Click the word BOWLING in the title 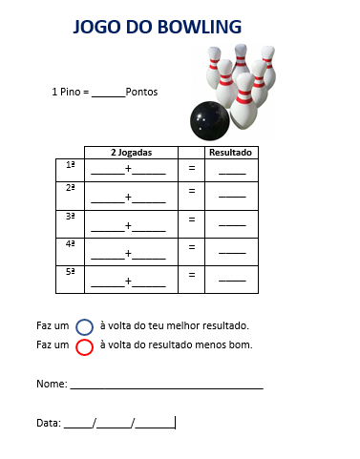click(x=200, y=27)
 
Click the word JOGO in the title click(x=97, y=27)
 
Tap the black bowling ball click(x=210, y=121)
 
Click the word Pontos click(x=141, y=92)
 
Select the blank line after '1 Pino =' click(x=109, y=96)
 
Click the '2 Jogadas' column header click(x=131, y=153)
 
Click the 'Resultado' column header click(x=230, y=153)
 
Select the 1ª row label click(x=71, y=165)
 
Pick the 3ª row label click(x=71, y=217)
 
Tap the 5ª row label click(x=71, y=272)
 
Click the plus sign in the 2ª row click(x=128, y=197)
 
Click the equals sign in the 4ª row click(x=192, y=247)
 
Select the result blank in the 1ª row click(x=232, y=174)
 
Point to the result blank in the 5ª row click(x=232, y=281)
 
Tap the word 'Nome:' click(x=52, y=384)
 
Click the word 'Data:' click(x=49, y=423)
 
